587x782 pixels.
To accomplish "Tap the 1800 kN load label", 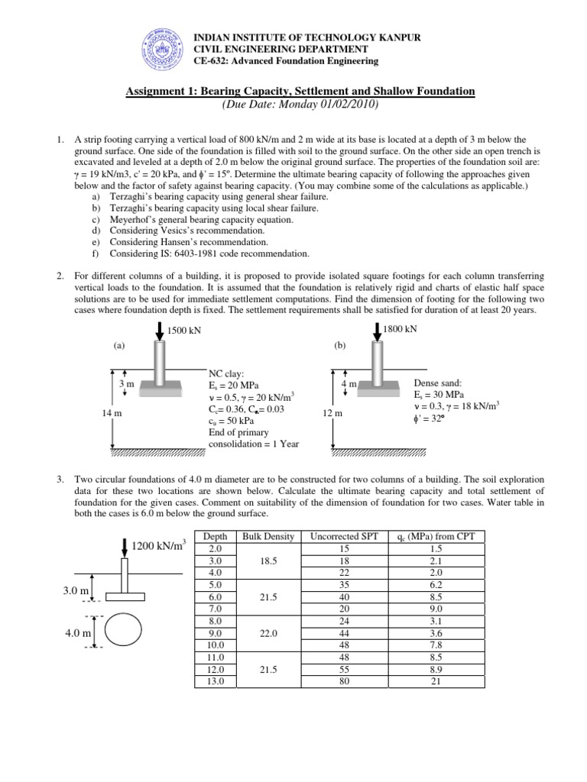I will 402,329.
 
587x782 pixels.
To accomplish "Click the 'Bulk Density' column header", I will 268,537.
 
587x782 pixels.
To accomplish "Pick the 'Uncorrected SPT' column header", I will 339,537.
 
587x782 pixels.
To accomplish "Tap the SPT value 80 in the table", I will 339,682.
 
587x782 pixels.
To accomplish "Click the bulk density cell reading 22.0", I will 268,633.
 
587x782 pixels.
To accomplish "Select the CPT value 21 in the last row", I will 432,682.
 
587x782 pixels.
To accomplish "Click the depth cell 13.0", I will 215,682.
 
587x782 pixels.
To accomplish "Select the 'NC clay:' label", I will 228,373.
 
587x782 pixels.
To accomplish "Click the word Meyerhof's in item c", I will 138,219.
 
